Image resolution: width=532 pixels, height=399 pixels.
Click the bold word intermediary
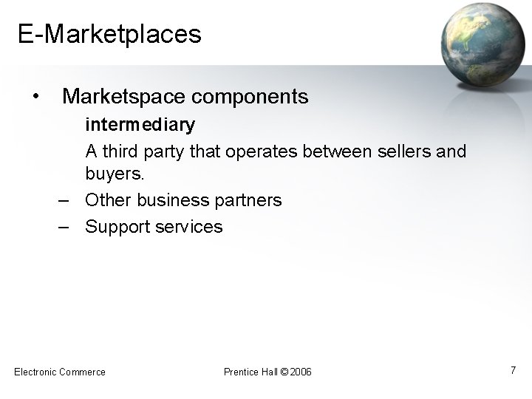[x=140, y=125]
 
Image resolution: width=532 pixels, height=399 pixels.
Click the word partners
[x=247, y=200]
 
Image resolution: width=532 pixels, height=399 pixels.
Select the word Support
[x=117, y=227]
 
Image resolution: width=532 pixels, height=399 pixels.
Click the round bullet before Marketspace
[x=35, y=97]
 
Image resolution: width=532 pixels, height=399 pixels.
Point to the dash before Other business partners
[x=64, y=200]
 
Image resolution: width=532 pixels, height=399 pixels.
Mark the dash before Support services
[x=64, y=227]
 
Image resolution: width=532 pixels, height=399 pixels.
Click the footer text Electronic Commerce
[x=60, y=372]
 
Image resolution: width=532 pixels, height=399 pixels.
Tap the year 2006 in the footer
[x=301, y=372]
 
